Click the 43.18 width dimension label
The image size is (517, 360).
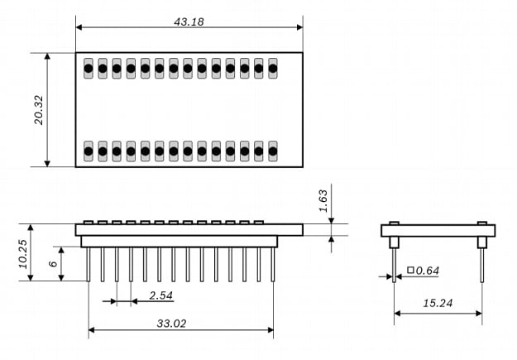[x=189, y=21]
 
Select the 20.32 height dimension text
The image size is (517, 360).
[x=37, y=109]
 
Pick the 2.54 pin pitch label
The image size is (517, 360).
[x=161, y=295]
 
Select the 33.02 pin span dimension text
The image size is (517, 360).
[x=172, y=324]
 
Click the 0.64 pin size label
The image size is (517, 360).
[x=428, y=271]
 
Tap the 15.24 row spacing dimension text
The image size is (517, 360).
[x=437, y=304]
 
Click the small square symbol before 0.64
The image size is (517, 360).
[x=410, y=270]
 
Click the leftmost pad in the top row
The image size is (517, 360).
[x=89, y=68]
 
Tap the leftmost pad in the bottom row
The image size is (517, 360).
[x=89, y=151]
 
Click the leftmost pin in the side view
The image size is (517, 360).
[x=89, y=263]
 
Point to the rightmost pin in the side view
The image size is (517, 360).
[x=273, y=263]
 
